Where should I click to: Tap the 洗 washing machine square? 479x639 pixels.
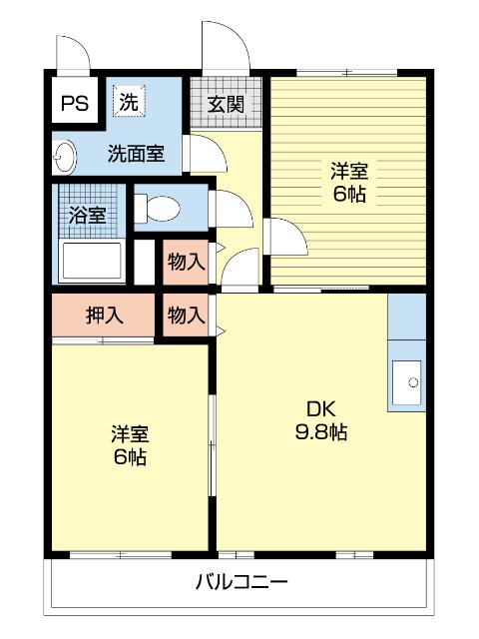[129, 101]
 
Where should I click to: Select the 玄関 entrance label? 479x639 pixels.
[226, 103]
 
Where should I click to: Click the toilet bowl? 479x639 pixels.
[161, 209]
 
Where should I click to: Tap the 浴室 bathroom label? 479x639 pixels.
[88, 214]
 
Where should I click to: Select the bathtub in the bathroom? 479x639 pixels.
[91, 263]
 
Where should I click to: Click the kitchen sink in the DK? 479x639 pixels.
[407, 379]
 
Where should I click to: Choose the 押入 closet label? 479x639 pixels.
[104, 316]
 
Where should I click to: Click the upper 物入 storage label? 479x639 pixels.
[187, 262]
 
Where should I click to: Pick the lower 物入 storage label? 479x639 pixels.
[187, 316]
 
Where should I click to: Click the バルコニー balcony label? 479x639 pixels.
[241, 581]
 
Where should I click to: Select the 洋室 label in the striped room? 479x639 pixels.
[348, 183]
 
